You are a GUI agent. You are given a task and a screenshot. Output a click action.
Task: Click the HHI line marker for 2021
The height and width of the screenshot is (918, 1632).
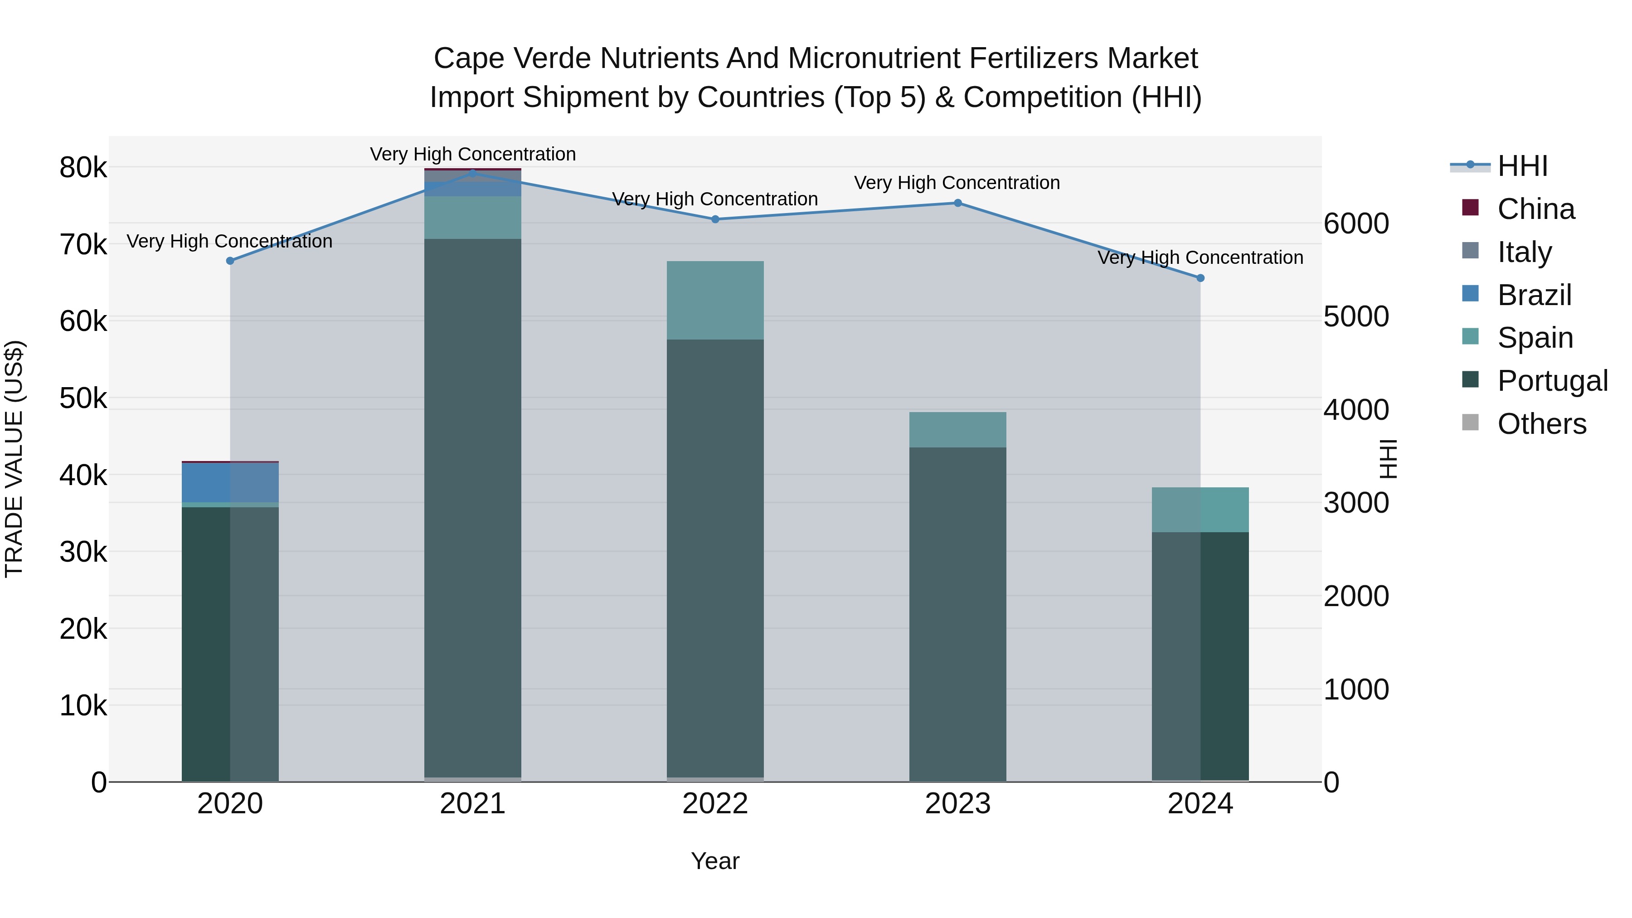(473, 173)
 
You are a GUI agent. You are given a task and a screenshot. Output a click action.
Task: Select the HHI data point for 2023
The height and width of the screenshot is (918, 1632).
(957, 204)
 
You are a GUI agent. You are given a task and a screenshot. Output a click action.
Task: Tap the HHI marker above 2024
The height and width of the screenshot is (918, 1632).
(1200, 278)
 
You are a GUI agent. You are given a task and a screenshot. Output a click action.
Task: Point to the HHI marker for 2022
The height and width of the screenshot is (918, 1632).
(715, 219)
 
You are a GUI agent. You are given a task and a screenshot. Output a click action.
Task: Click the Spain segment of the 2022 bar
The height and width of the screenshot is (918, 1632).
(715, 300)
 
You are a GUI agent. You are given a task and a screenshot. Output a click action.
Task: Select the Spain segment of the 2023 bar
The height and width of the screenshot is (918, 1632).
(957, 430)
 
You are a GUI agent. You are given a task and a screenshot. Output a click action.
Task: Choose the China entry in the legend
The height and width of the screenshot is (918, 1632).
(1536, 209)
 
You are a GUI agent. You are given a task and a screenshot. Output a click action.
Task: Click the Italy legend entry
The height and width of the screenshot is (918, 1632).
(1524, 252)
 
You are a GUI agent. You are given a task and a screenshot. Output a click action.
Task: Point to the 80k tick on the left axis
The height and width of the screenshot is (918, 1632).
(83, 169)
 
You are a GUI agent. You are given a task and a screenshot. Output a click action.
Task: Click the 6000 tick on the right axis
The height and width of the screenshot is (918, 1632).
(1356, 223)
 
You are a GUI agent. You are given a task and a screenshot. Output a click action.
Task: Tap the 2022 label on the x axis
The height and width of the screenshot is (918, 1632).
(715, 804)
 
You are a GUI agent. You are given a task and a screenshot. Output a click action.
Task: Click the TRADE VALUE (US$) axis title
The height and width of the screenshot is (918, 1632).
(15, 459)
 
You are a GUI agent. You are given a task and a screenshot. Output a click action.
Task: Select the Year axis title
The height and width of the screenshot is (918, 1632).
(715, 861)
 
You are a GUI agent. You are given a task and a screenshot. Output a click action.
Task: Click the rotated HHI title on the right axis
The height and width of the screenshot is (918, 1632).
(1388, 459)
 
